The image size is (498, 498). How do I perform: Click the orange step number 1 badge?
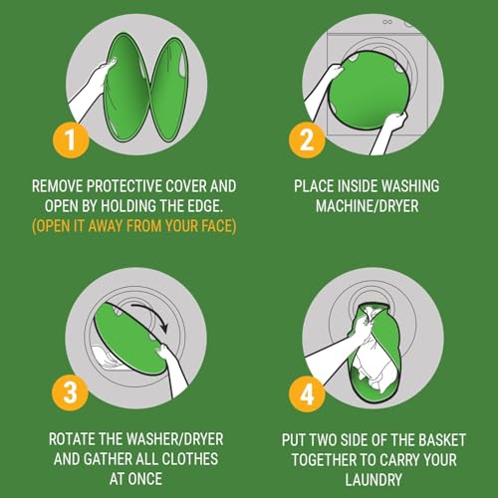point(71,139)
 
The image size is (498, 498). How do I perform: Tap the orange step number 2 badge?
point(307,139)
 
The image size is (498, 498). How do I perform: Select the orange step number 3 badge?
point(71,392)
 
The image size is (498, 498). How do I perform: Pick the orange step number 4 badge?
point(307,394)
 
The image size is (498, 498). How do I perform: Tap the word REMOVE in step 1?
point(58,186)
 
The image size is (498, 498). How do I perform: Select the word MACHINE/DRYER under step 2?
point(367,206)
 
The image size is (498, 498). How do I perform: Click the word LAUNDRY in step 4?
point(373,480)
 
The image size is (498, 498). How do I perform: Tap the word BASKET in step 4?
point(442,440)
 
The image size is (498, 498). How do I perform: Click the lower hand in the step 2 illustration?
point(395,122)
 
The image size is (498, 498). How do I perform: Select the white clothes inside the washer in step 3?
point(108,359)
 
